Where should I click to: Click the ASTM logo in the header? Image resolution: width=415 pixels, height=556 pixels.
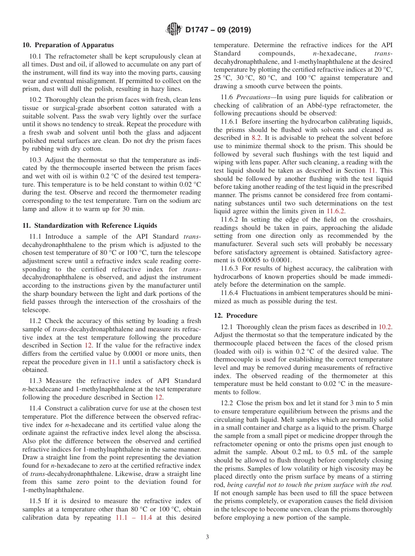click(174, 30)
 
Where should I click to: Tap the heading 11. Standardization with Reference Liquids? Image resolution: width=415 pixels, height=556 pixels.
click(90, 226)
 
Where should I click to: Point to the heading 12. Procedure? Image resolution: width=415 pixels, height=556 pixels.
click(235, 316)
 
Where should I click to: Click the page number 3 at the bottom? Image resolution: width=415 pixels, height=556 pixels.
click(207, 537)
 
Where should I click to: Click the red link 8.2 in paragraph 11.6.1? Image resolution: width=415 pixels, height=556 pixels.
click(256, 137)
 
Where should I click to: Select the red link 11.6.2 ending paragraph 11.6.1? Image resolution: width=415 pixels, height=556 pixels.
click(337, 211)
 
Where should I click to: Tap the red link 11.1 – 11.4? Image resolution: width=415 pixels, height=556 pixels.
click(134, 518)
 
